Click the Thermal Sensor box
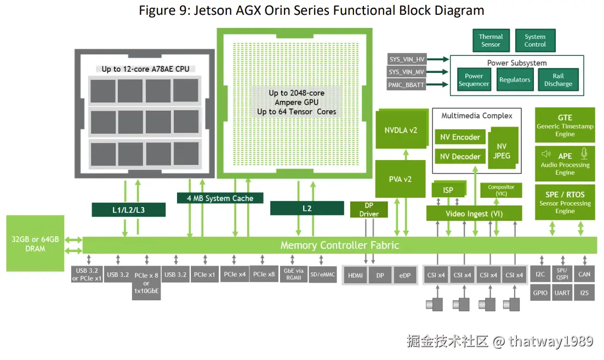(491, 41)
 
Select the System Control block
(535, 41)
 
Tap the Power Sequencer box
(474, 79)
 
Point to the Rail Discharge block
(558, 79)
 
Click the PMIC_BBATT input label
(406, 85)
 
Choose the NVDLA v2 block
(401, 129)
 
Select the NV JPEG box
(502, 150)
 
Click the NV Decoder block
(460, 157)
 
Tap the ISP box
(448, 190)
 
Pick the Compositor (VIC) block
(501, 190)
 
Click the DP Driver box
(369, 209)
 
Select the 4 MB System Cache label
(220, 198)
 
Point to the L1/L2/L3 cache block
(129, 210)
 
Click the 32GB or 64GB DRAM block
(35, 243)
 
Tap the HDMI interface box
(355, 275)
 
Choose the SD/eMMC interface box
(323, 274)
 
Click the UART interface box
(562, 293)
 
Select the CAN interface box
(584, 274)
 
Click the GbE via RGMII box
(294, 274)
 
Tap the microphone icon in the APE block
(584, 153)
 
